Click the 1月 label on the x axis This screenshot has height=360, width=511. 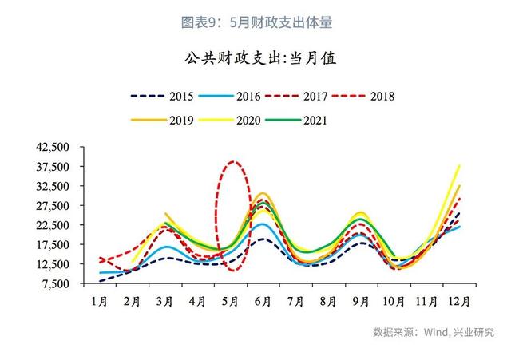[99, 301]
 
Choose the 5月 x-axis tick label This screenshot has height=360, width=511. [230, 301]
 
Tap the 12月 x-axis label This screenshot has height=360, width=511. [460, 301]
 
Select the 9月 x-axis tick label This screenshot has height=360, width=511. [361, 301]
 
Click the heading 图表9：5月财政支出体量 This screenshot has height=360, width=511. [255, 23]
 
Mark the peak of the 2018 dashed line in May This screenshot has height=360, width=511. [232, 161]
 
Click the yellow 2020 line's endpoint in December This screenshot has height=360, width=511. [460, 165]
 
